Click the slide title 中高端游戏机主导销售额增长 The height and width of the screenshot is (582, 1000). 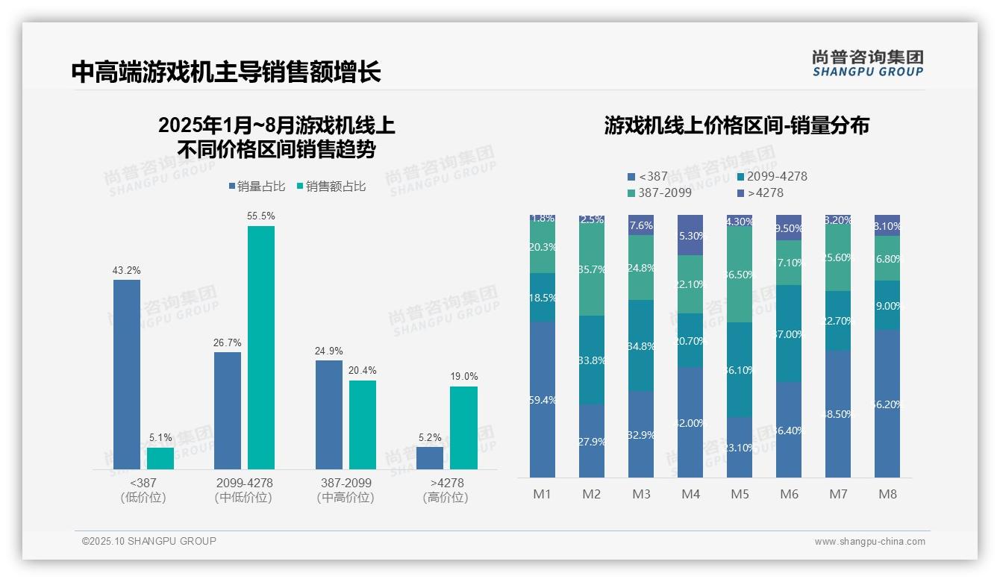click(x=226, y=72)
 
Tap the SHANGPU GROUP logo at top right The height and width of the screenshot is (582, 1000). click(x=867, y=63)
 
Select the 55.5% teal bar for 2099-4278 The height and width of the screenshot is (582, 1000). click(x=261, y=347)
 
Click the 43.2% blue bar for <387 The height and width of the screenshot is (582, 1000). click(x=127, y=374)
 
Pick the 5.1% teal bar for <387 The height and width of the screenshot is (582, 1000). click(x=160, y=458)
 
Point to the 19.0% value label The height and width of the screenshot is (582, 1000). click(x=464, y=377)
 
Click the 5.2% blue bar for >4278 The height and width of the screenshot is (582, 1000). click(x=430, y=457)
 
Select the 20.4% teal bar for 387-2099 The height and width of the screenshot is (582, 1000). click(x=363, y=425)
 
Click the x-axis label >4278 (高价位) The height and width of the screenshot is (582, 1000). click(x=446, y=490)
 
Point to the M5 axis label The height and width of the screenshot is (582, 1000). click(x=740, y=494)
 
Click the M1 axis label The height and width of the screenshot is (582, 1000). click(x=542, y=494)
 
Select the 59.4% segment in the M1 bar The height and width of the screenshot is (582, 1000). click(x=543, y=399)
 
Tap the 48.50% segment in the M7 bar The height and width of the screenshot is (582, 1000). click(x=838, y=413)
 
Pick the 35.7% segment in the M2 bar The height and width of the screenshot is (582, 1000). click(x=592, y=269)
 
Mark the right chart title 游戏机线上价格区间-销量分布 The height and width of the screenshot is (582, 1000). click(x=737, y=125)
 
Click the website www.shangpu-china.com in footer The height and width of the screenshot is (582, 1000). click(x=869, y=542)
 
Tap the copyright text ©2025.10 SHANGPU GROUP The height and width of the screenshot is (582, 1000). click(x=149, y=541)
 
